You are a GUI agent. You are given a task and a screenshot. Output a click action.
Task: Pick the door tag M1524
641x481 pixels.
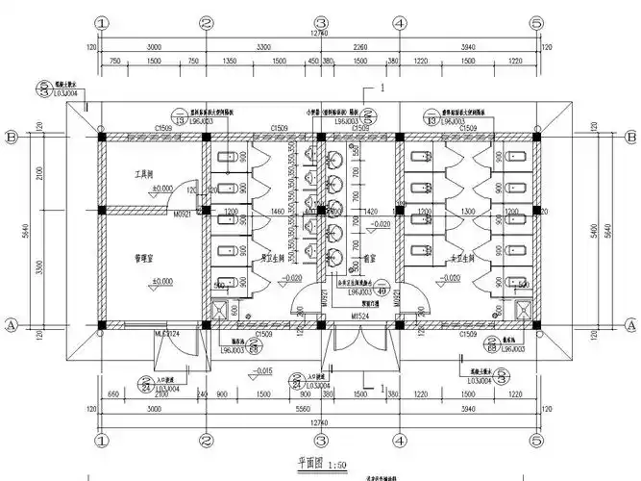pos(360,315)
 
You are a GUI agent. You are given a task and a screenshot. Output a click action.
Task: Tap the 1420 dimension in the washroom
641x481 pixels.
pos(366,210)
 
